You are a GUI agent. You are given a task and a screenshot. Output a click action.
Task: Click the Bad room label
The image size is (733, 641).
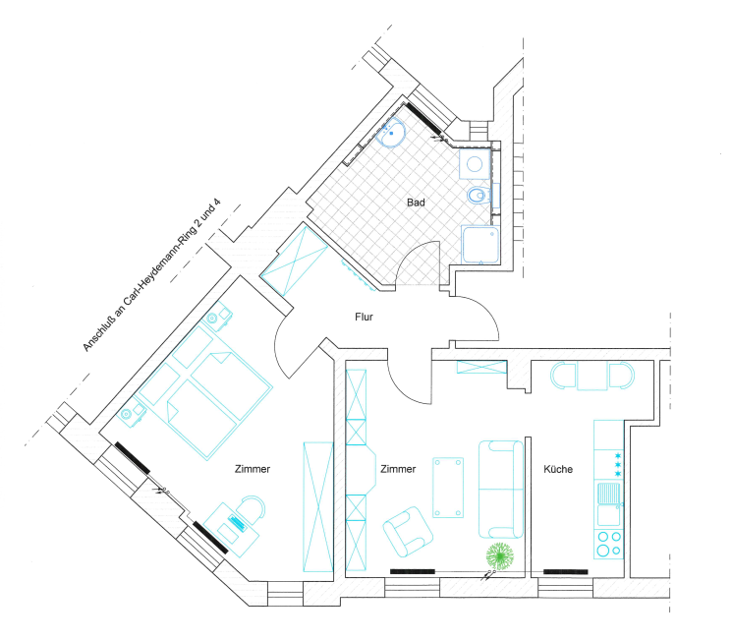click(416, 203)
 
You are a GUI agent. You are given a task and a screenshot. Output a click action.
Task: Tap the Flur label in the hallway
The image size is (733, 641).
click(364, 317)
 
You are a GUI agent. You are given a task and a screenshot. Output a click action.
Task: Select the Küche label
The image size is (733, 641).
click(558, 469)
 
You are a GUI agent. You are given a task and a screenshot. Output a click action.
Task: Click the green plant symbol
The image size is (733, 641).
click(500, 556)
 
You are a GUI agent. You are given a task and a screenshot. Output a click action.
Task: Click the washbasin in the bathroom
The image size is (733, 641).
click(391, 133)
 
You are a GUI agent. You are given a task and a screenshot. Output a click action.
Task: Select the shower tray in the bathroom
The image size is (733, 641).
click(480, 245)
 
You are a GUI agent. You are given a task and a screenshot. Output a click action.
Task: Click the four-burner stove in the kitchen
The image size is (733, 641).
click(608, 544)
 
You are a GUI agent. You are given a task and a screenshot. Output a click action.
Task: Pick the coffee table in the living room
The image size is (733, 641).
click(448, 488)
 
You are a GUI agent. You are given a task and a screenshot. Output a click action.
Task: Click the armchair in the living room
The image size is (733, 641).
click(408, 532)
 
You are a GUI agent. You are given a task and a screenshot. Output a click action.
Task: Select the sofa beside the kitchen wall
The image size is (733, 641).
click(501, 489)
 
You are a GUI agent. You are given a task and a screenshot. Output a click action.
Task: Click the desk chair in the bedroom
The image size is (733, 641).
click(252, 508)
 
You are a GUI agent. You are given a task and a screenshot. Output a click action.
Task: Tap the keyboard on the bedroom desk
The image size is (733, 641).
click(237, 522)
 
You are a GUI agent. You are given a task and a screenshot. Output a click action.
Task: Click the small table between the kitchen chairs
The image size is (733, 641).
click(592, 376)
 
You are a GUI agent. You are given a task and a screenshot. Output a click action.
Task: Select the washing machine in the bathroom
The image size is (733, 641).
click(475, 164)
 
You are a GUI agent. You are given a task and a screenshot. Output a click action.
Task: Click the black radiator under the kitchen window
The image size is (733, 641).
click(566, 571)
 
